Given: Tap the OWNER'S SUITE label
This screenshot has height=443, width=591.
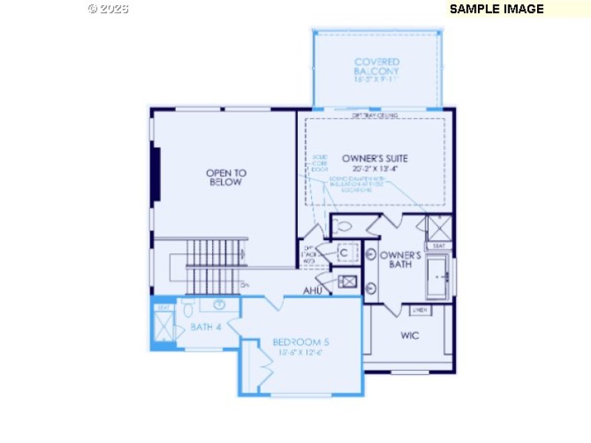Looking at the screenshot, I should coord(375,158).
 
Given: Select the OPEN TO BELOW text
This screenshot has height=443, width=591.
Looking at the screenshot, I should coord(226,177).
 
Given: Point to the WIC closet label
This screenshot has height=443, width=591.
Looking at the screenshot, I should coord(410,335).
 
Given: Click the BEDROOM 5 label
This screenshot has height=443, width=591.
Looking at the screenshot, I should coord(301,342).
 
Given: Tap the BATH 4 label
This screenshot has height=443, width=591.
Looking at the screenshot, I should coord(206,326).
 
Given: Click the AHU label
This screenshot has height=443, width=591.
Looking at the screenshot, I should coord(312,291).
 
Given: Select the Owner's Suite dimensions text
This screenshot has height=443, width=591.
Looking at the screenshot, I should coord(375,168).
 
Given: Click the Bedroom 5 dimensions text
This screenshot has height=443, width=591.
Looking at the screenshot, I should coord(301,352).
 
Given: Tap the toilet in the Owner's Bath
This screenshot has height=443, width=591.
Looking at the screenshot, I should coord(342,227).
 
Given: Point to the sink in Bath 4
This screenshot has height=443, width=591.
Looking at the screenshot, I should coord(219,304).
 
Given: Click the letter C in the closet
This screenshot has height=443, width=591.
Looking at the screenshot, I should coord(344,253).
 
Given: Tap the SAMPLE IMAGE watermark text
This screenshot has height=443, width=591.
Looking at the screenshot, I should coord(496,9).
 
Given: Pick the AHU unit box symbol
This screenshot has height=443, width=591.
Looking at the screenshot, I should coord(347,281).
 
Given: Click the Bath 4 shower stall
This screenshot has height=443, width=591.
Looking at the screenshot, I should coord(163,326).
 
